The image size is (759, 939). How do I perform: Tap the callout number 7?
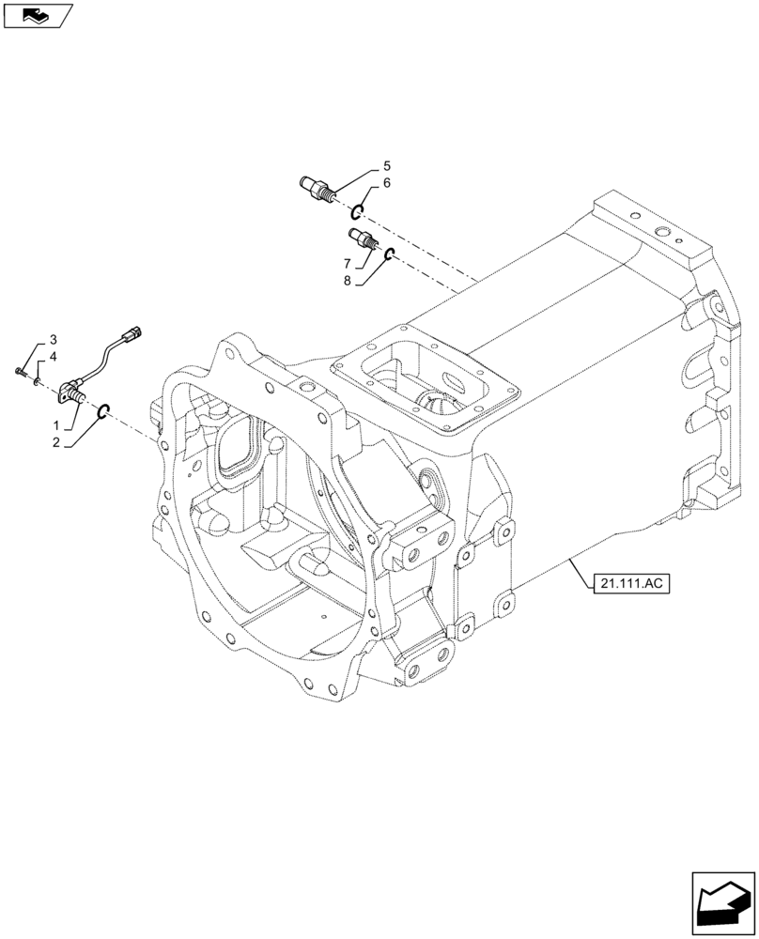click(x=348, y=263)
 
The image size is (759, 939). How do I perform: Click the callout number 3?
click(x=53, y=339)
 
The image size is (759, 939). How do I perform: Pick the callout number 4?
click(x=53, y=357)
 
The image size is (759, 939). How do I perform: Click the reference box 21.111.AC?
click(x=629, y=584)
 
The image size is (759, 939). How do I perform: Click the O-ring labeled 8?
click(x=387, y=254)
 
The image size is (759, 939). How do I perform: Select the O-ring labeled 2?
click(x=105, y=408)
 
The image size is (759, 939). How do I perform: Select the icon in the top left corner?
click(x=38, y=14)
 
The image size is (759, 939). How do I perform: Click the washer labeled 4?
click(x=36, y=382)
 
